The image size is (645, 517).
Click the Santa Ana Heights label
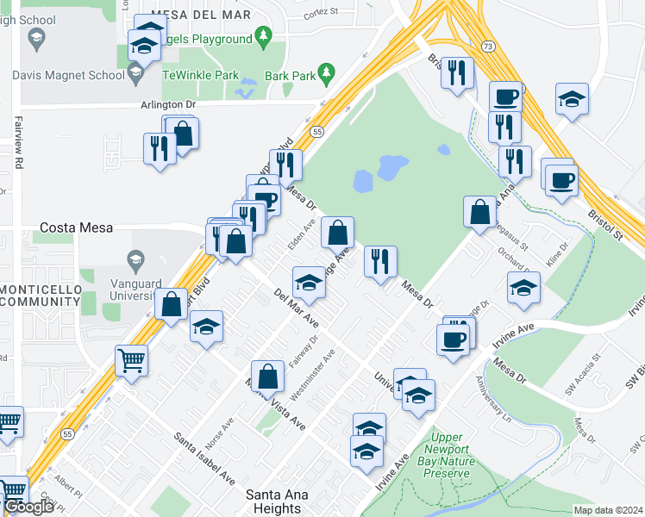click(285, 501)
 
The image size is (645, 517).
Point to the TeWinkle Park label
click(203, 75)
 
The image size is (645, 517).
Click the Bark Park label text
click(289, 75)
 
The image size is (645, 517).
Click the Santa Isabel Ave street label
click(205, 457)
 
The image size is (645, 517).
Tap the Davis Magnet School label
click(69, 75)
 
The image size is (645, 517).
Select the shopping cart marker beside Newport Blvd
click(131, 359)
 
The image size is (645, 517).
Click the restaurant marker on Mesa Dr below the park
click(380, 260)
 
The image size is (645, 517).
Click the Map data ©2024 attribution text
click(608, 510)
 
